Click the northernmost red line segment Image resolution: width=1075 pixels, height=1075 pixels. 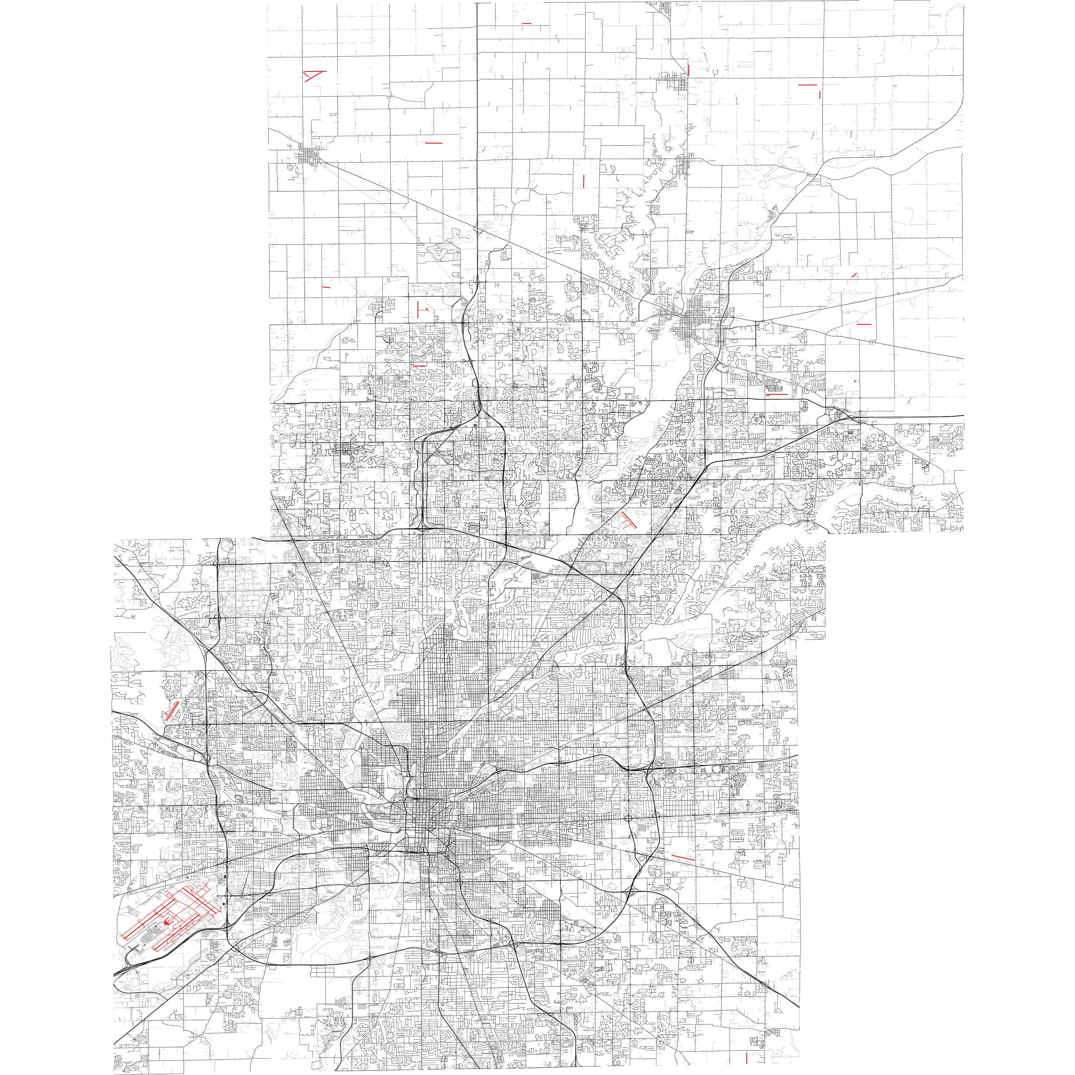pos(526,23)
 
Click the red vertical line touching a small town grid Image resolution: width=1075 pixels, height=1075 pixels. pos(689,70)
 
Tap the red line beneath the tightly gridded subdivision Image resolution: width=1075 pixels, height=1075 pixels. pos(777,394)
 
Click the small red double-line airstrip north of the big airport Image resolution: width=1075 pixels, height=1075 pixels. pos(172,711)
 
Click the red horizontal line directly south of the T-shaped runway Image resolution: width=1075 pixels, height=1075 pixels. pos(419,365)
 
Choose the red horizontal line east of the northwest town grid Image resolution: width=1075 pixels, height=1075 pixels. pos(433,143)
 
